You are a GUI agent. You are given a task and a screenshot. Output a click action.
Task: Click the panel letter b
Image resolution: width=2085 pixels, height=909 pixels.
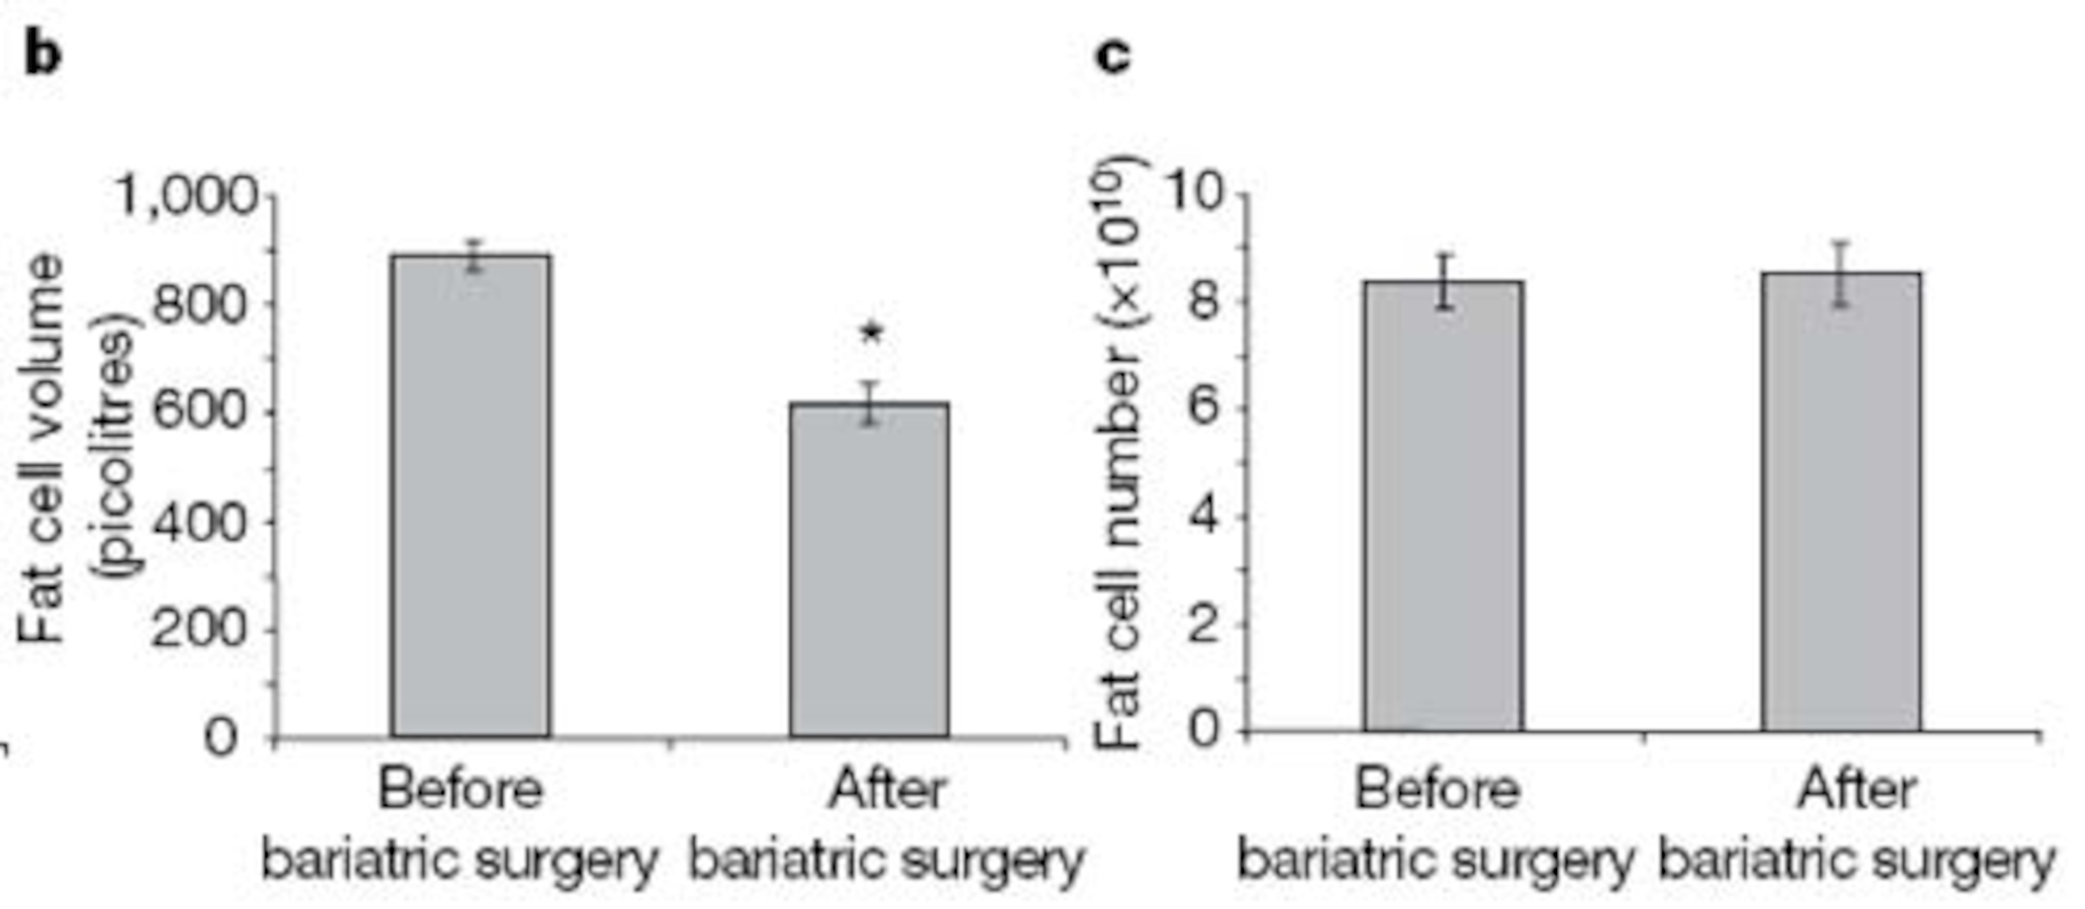click(x=42, y=55)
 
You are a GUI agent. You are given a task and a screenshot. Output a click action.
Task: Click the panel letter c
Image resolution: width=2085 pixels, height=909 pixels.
click(x=1113, y=55)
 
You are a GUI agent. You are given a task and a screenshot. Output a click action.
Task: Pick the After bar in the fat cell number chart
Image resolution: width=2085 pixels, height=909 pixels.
click(x=1841, y=502)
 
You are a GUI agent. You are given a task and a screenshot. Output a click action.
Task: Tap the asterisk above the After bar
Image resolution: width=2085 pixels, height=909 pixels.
click(x=871, y=333)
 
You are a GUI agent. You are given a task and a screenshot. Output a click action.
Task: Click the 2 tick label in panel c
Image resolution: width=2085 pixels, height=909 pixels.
click(x=1203, y=623)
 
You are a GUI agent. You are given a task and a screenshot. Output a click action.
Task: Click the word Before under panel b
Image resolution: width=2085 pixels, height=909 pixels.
click(x=461, y=790)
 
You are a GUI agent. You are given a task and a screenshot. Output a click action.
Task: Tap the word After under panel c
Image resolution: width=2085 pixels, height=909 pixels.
click(x=1856, y=790)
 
